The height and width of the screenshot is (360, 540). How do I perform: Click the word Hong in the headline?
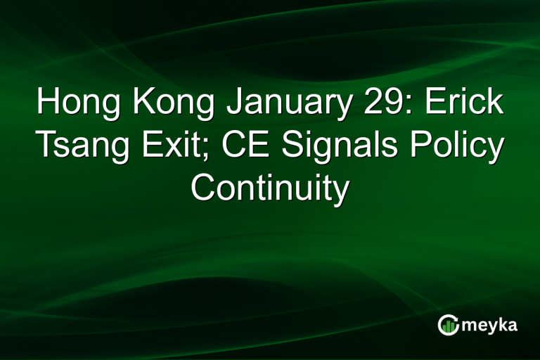click(77, 103)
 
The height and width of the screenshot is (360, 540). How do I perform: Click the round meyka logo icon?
click(448, 324)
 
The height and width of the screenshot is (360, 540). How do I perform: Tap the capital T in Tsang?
click(44, 146)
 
